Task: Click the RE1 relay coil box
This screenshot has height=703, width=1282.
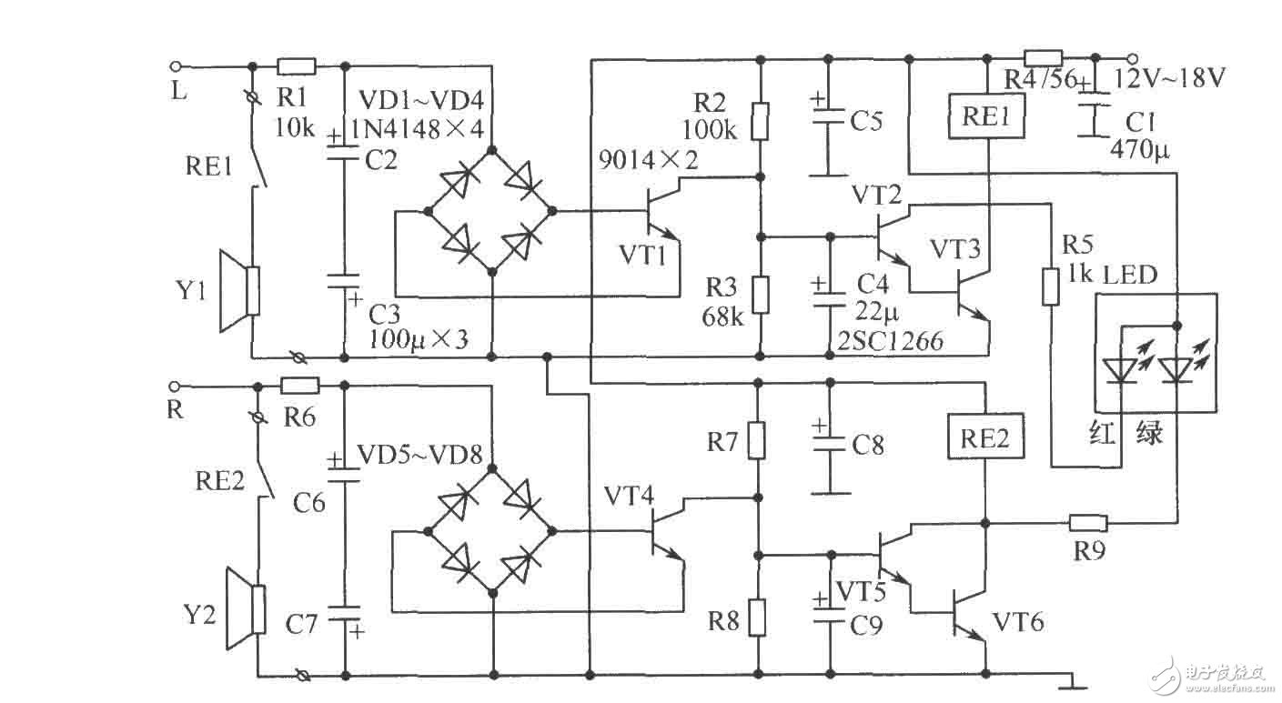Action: point(986,117)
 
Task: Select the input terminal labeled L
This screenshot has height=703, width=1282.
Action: point(176,65)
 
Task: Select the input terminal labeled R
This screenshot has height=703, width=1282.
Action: point(176,385)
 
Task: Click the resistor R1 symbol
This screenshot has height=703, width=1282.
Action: point(296,65)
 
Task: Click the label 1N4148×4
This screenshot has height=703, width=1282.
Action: point(412,128)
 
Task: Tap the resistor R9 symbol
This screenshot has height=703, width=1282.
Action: point(1087,523)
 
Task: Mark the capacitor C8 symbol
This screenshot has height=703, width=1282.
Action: point(828,443)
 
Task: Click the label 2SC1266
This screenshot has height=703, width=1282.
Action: point(889,342)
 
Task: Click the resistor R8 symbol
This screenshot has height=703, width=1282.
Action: point(757,617)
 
